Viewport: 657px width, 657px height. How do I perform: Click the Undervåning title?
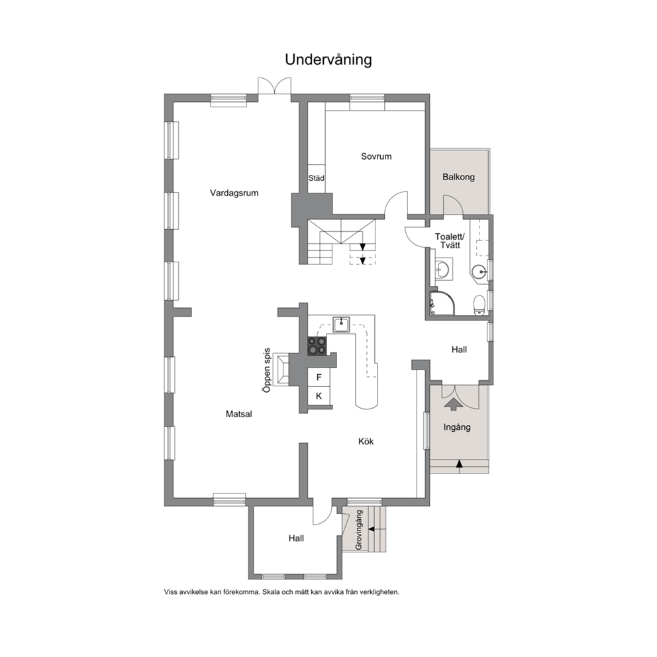click(x=328, y=60)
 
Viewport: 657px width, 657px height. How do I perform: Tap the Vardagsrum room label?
click(x=234, y=193)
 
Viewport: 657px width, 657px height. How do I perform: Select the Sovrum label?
click(x=376, y=156)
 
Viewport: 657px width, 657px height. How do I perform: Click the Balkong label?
click(x=458, y=177)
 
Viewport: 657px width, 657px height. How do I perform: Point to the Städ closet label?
click(x=317, y=178)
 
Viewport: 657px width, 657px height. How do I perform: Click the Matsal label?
click(x=239, y=414)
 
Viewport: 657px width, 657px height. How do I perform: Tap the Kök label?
click(x=366, y=441)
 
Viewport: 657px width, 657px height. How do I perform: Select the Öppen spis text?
click(x=267, y=370)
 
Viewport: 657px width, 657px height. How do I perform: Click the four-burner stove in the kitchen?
click(x=317, y=346)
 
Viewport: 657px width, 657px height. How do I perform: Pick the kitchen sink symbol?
click(x=342, y=325)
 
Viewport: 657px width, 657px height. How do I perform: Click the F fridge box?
click(x=319, y=378)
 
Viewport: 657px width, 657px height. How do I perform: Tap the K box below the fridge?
click(x=319, y=396)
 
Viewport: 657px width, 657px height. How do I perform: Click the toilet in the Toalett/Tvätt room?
click(x=479, y=305)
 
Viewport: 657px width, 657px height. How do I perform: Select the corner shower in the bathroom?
click(x=442, y=303)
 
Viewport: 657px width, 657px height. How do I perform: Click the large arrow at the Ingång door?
click(x=453, y=403)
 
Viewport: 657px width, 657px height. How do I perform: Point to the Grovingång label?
click(x=359, y=530)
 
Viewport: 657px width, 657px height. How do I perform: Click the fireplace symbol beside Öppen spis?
click(x=281, y=370)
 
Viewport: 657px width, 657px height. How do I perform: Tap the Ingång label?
click(x=457, y=427)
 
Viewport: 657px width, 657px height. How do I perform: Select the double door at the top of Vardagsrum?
click(x=274, y=87)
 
